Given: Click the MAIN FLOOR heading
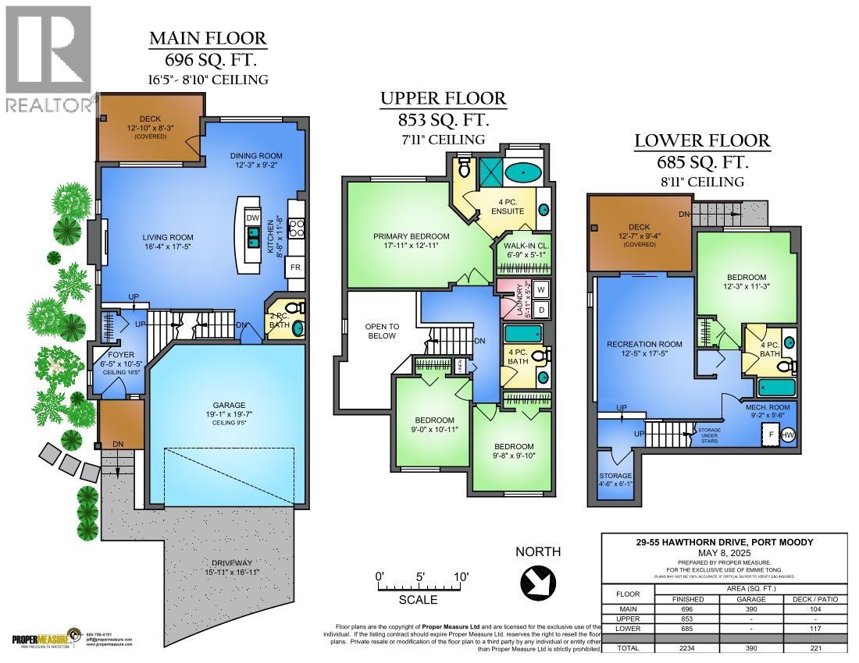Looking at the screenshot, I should [x=208, y=37].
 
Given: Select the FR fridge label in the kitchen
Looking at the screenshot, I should [x=295, y=268].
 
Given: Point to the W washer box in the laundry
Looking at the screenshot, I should [x=541, y=289].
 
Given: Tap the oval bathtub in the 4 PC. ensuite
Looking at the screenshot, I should [x=515, y=171].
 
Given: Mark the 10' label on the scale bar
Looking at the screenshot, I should [x=461, y=576].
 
